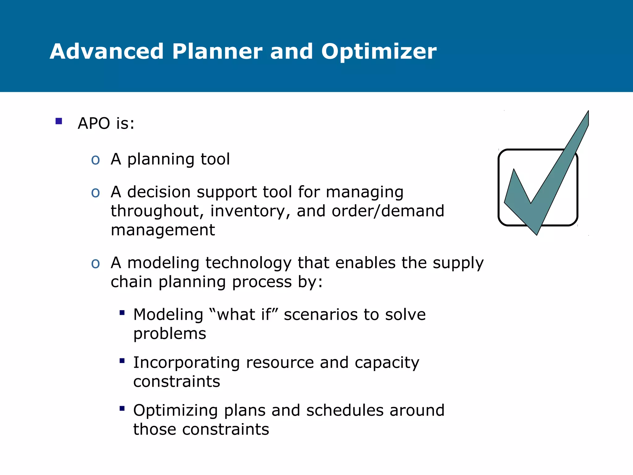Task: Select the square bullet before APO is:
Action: (59, 121)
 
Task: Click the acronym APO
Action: (94, 123)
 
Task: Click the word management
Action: (163, 230)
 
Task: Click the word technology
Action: (248, 263)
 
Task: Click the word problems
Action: (170, 334)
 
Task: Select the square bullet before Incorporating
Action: (122, 361)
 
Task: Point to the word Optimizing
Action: (176, 411)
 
